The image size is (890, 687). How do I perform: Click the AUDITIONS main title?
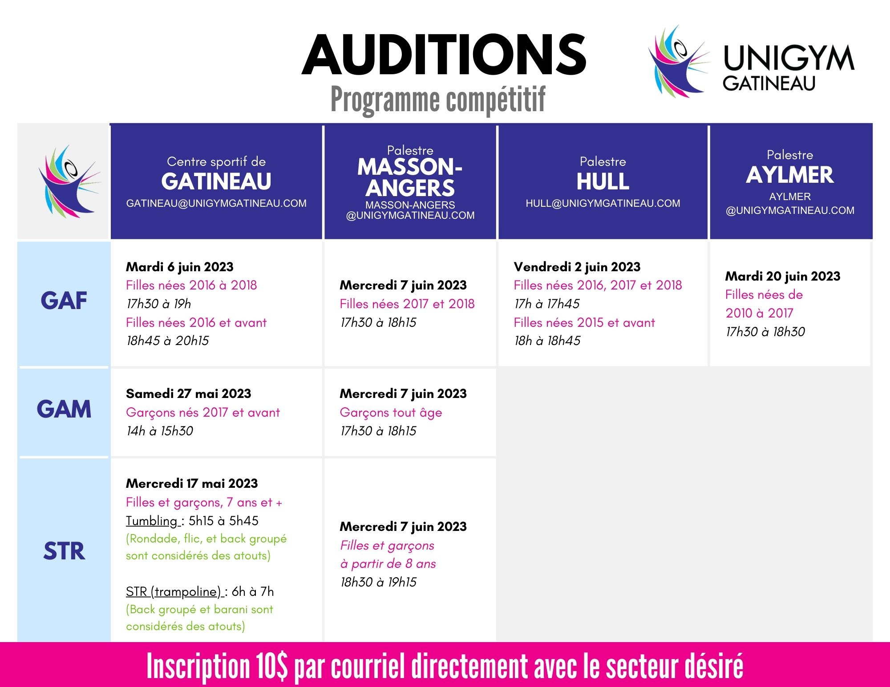click(x=444, y=55)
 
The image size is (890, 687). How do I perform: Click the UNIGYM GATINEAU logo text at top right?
click(x=789, y=68)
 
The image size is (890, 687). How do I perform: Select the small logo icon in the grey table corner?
click(x=69, y=181)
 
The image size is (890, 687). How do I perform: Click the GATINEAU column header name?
click(x=216, y=181)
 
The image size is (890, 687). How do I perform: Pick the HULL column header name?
click(x=603, y=181)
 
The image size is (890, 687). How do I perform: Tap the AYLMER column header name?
click(x=790, y=175)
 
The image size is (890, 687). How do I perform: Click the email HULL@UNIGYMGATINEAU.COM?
click(x=603, y=203)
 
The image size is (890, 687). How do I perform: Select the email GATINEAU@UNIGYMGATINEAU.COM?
click(x=216, y=203)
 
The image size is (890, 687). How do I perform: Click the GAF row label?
click(x=64, y=301)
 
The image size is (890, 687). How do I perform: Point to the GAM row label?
click(x=64, y=409)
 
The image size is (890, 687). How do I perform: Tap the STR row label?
click(x=64, y=551)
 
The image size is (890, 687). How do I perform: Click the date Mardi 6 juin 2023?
click(x=180, y=267)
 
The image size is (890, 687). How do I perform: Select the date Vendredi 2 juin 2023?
click(x=577, y=267)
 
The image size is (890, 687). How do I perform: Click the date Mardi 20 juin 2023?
click(x=783, y=276)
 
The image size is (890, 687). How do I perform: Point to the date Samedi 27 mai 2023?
click(x=189, y=394)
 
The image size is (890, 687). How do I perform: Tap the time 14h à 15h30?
click(x=160, y=431)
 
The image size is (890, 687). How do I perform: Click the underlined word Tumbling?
click(x=152, y=521)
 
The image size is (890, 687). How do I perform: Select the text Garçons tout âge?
click(x=391, y=413)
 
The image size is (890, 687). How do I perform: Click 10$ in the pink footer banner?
click(x=271, y=666)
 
